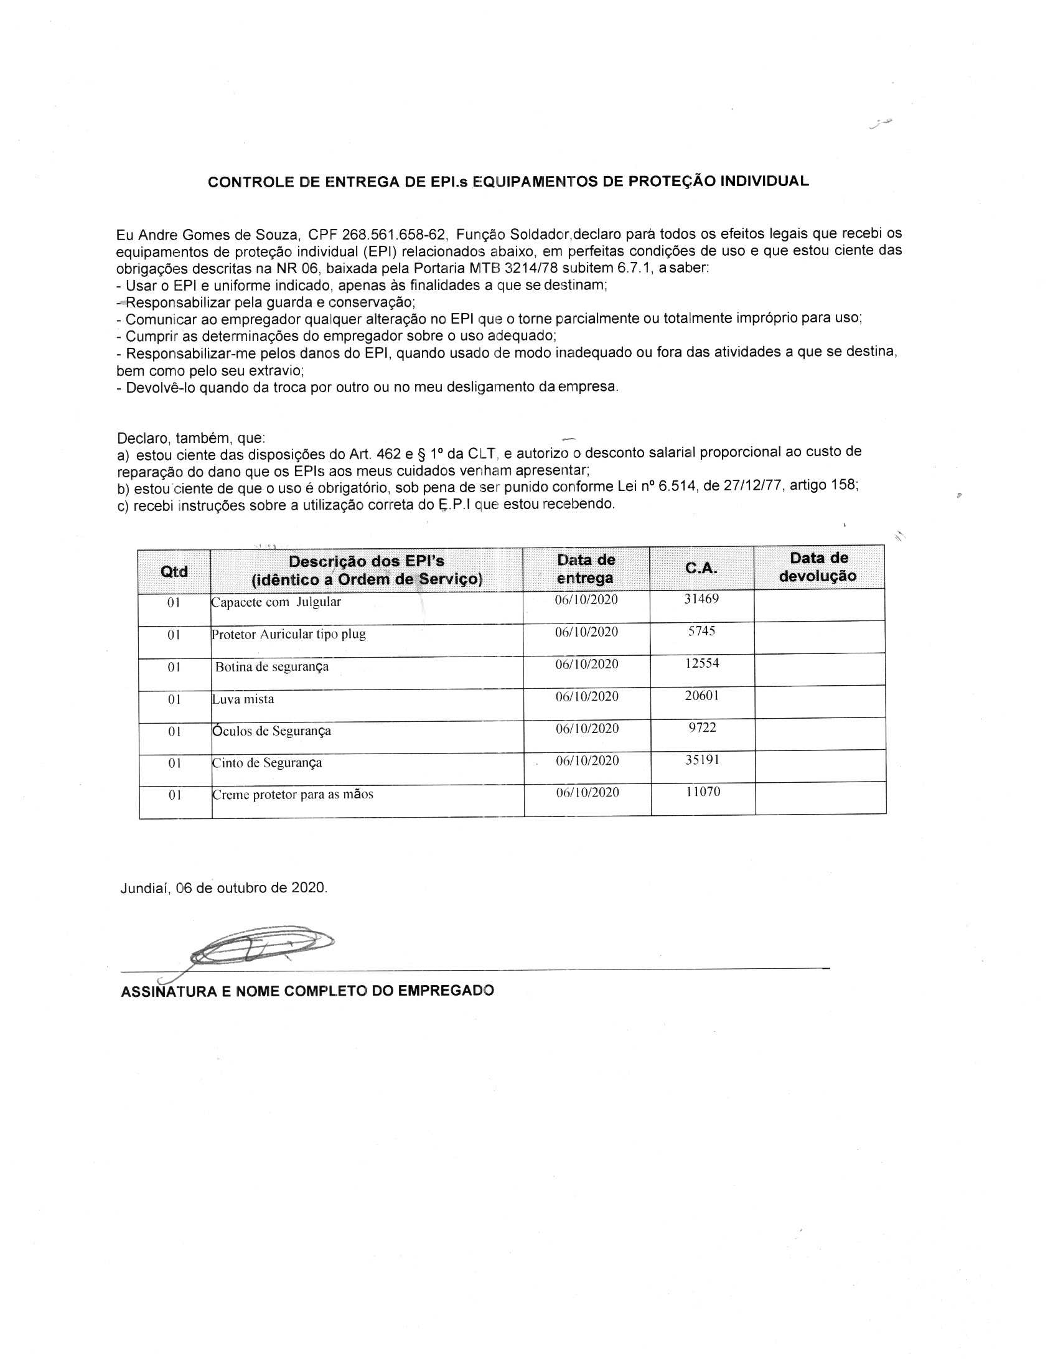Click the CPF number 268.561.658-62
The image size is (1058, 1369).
[x=393, y=235]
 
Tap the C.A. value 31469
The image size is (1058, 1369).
[x=701, y=599]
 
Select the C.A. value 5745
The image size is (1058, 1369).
[x=701, y=631]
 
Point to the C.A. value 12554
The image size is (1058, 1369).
[x=702, y=663]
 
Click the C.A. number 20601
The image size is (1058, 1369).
[x=702, y=696]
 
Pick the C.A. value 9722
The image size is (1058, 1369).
[x=702, y=728]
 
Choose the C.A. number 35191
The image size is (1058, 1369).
[x=702, y=760]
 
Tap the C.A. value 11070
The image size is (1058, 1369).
[x=703, y=792]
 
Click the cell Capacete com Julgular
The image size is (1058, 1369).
[x=276, y=602]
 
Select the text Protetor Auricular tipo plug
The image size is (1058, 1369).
[x=289, y=634]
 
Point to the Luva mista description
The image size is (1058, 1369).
[x=243, y=699]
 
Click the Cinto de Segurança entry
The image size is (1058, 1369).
[x=267, y=763]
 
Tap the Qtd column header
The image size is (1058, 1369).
[x=174, y=572]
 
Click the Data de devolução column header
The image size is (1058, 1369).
[x=818, y=568]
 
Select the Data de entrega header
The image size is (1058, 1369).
[x=586, y=569]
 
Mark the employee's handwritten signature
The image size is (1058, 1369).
[x=260, y=946]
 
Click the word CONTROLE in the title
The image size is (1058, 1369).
[x=243, y=182]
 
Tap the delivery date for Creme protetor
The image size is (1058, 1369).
[x=588, y=792]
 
